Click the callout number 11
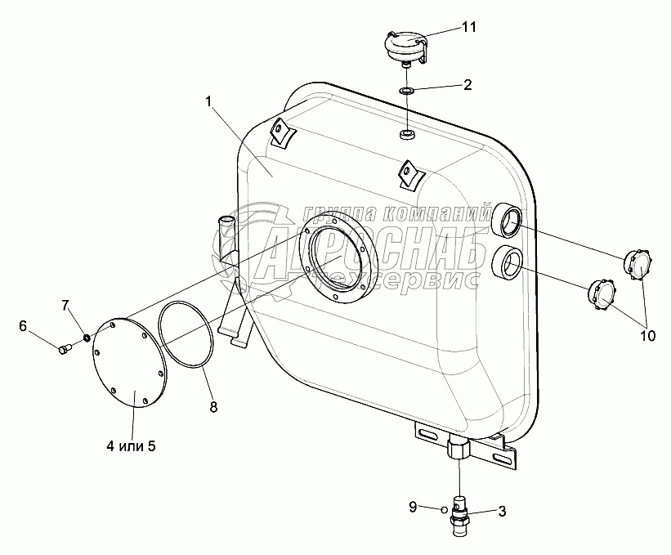pyautogui.click(x=468, y=27)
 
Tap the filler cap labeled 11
pyautogui.click(x=405, y=49)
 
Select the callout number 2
pyautogui.click(x=467, y=84)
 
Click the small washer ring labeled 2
pyautogui.click(x=405, y=90)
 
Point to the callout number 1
pyautogui.click(x=208, y=102)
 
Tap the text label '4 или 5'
pyautogui.click(x=131, y=446)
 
